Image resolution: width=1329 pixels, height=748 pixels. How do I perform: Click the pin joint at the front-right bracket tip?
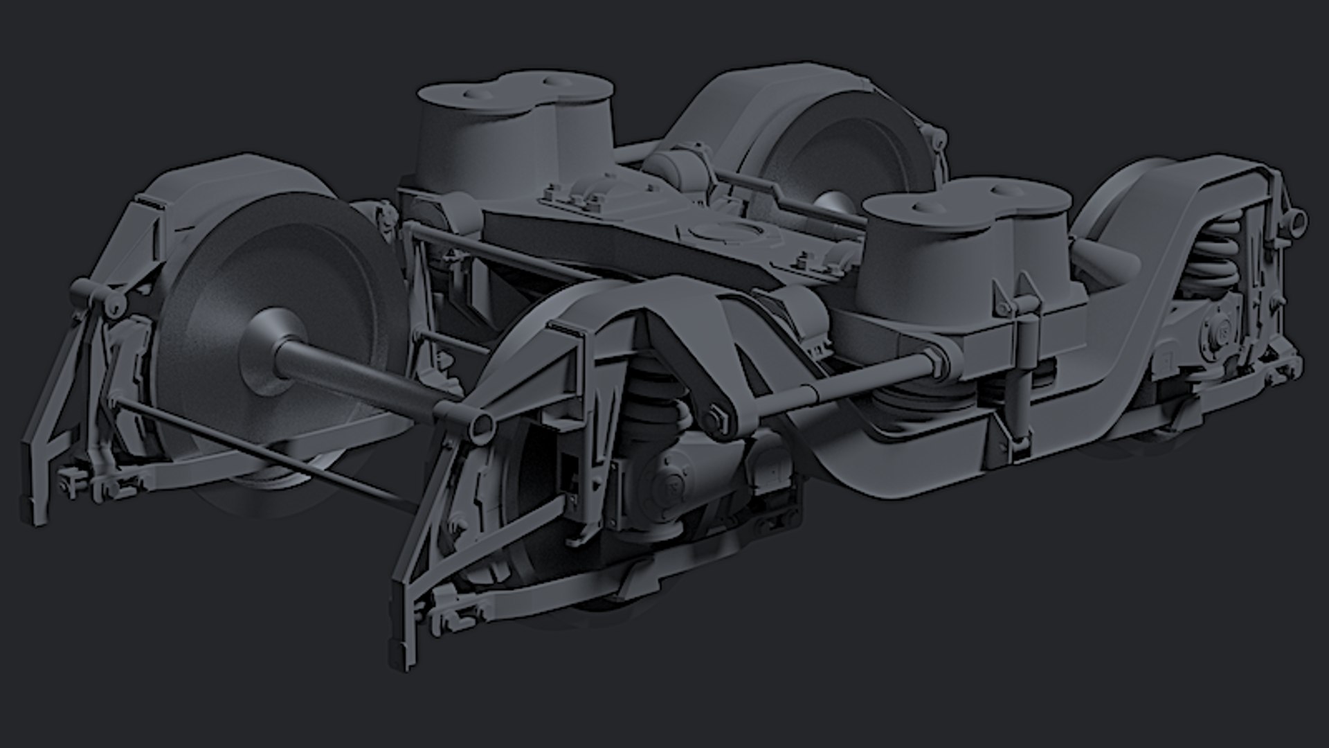coord(480,424)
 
